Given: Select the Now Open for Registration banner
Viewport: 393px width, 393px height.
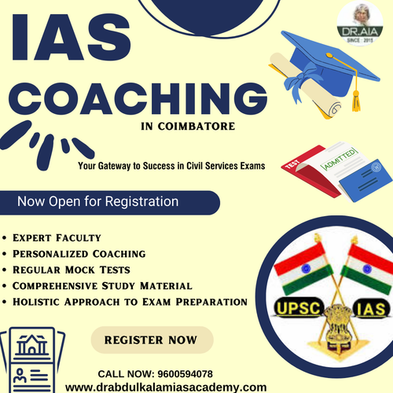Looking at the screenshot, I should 98,202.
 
